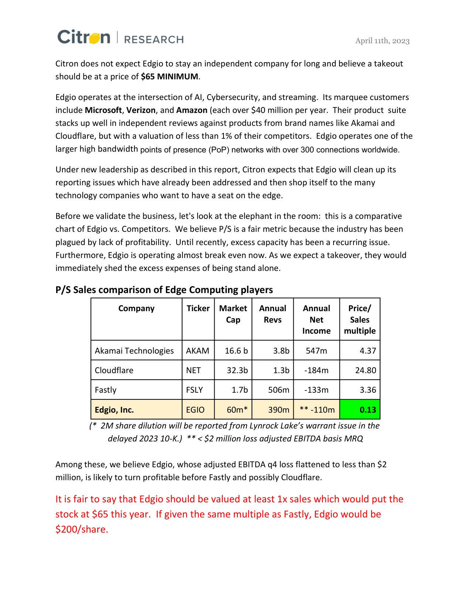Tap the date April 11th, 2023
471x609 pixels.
382,41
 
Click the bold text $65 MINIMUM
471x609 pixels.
170,77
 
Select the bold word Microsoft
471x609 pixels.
103,110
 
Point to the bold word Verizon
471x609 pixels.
141,110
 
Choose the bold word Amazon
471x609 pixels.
192,110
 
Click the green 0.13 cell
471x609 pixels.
360,410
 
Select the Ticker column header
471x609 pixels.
198,309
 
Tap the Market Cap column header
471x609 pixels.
233,314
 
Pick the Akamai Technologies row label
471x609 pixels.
134,351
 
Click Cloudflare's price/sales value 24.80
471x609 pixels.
365,370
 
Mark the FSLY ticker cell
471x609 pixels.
194,390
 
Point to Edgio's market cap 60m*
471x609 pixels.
237,410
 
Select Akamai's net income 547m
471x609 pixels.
316,351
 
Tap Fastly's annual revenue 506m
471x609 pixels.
279,390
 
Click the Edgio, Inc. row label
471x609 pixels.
114,410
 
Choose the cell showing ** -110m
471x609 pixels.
317,410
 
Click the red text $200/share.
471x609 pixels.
82,530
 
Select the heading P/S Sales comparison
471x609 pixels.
164,290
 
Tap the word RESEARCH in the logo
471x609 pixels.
154,39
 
